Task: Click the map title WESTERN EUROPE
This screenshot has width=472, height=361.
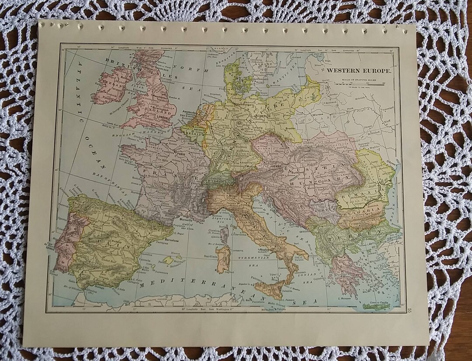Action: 360,70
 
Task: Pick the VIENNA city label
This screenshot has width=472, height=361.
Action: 277,166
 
